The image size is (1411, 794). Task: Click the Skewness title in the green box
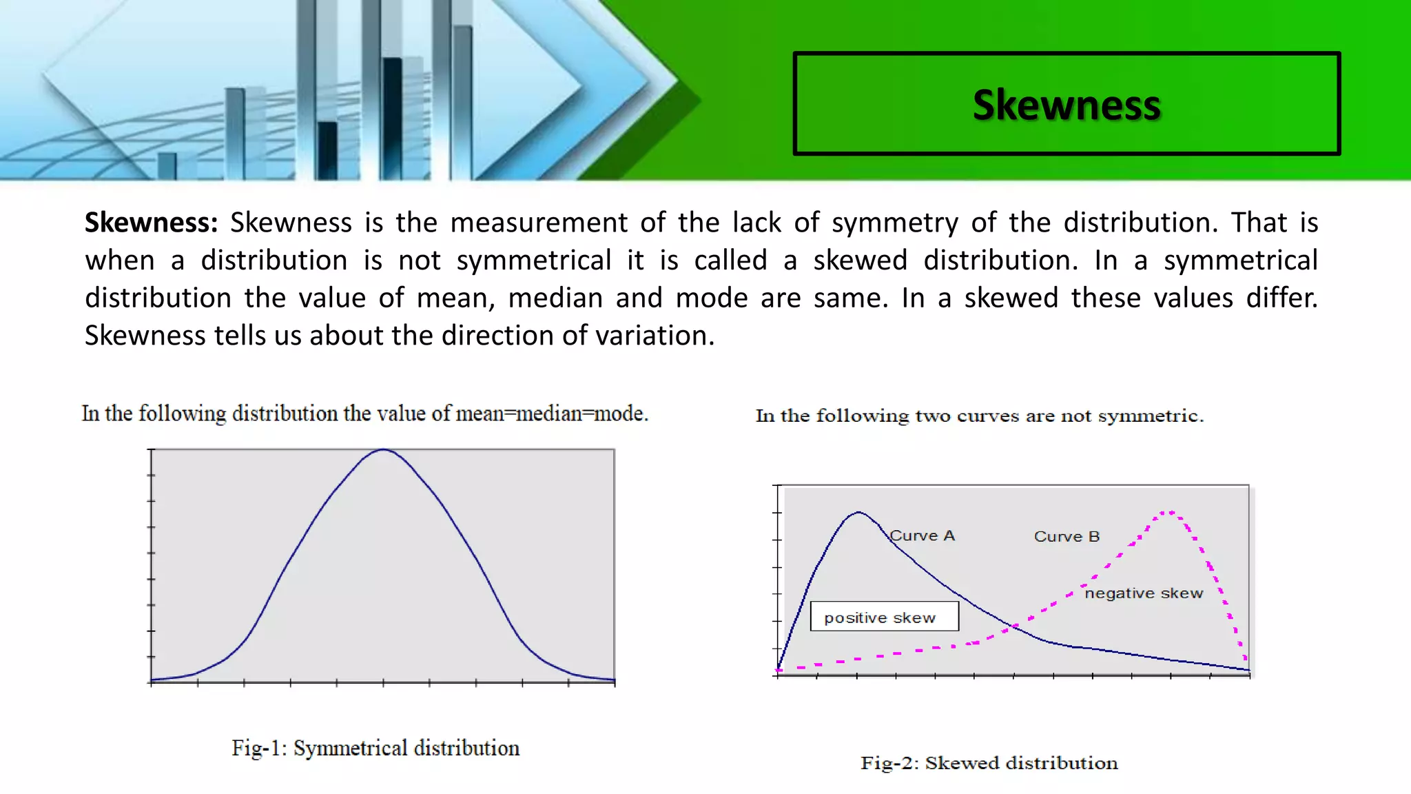[1067, 105]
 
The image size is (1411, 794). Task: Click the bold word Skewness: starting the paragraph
[151, 223]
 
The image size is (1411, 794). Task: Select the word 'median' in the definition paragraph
[555, 298]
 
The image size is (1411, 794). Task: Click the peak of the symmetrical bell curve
[384, 450]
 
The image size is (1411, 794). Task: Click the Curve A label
[922, 536]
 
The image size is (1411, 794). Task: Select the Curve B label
[1067, 536]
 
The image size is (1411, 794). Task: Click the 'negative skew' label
[1144, 593]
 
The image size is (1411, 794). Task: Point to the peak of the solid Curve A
[858, 512]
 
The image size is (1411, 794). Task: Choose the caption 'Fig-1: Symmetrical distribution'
[375, 748]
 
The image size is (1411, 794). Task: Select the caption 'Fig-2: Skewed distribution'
[989, 763]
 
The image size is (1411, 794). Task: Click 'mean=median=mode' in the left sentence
[551, 414]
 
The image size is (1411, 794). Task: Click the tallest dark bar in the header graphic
[392, 117]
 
